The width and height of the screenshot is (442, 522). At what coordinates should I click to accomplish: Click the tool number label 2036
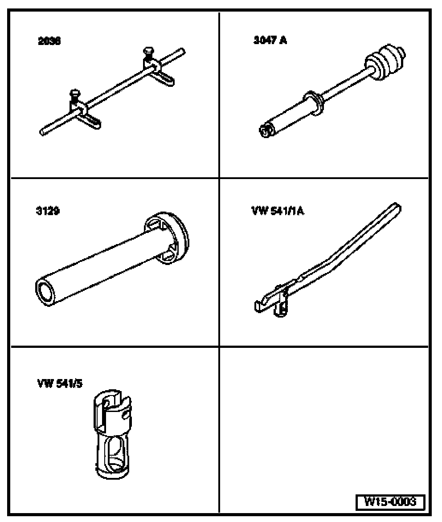pos(49,42)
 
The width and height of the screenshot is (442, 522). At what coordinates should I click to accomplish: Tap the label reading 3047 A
pos(270,41)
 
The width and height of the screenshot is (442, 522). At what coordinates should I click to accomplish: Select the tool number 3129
pos(48,211)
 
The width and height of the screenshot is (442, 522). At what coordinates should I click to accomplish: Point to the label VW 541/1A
pos(278,211)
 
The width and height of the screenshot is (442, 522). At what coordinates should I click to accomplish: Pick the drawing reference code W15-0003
pos(390,502)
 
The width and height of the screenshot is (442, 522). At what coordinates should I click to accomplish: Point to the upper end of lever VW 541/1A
pos(397,208)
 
